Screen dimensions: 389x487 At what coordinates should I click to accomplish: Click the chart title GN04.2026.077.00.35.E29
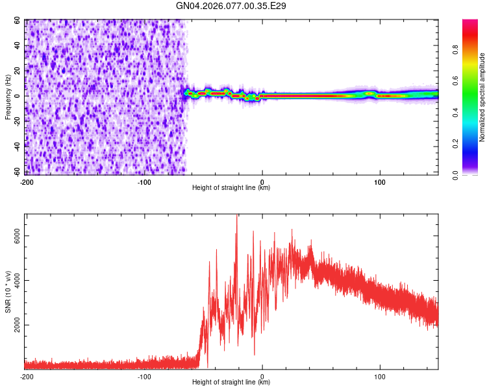point(231,6)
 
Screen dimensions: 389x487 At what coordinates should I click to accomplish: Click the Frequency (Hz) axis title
point(8,97)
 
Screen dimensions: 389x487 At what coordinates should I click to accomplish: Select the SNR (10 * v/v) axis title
point(8,291)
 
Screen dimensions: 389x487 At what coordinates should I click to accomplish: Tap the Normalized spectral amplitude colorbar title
point(482,97)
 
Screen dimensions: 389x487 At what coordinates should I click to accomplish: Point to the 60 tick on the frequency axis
point(18,20)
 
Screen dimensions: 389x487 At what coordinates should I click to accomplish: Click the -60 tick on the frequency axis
point(16,172)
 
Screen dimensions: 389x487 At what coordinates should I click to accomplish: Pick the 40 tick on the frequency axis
point(18,45)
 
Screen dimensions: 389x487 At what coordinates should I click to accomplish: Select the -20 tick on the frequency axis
point(16,121)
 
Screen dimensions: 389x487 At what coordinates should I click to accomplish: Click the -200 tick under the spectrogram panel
point(27,182)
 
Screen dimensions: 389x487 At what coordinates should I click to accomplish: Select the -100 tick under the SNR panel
point(144,377)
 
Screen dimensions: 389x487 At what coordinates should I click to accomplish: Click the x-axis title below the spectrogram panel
point(231,188)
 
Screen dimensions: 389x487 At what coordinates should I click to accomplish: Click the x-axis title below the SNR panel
point(231,383)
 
